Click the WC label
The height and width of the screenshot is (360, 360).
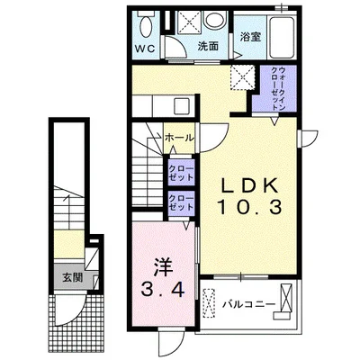point(145,49)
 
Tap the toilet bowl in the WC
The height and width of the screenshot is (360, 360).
point(147,23)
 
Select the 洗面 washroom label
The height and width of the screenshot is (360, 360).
point(208,47)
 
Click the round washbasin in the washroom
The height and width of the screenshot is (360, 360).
point(214,20)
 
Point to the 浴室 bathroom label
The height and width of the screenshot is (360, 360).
point(251,37)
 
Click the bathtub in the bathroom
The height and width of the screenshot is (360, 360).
point(282,37)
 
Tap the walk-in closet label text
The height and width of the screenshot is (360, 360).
point(278,88)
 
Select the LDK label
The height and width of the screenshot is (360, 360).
point(248,187)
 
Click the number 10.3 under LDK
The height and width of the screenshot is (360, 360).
point(249,207)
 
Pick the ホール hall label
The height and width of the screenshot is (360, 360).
point(179,138)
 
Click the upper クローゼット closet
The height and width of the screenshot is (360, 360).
point(181,172)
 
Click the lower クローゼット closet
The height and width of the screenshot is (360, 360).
point(181,203)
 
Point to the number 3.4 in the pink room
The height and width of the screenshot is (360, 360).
point(163,290)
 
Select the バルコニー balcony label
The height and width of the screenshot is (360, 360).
point(248,305)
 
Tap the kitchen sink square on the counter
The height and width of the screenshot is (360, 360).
point(182,105)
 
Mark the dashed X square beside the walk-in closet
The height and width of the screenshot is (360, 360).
point(242,77)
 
